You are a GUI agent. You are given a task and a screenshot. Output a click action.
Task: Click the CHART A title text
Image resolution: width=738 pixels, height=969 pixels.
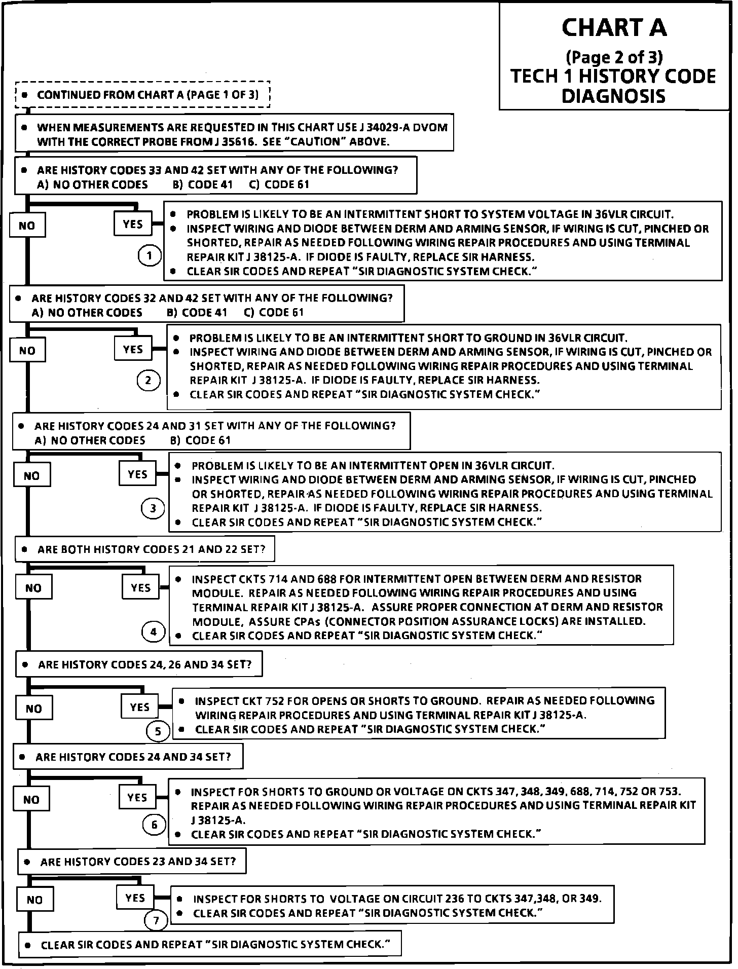tap(614, 28)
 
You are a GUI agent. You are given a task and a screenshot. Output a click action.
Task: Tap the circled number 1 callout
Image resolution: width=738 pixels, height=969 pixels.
tap(149, 256)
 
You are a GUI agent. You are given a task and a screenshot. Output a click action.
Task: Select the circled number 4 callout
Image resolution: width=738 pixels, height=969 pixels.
tap(154, 631)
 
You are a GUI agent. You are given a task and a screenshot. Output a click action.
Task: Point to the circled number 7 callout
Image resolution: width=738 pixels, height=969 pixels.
tap(156, 920)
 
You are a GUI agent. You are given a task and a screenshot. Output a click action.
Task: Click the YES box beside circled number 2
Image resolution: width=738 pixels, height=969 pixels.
tap(133, 349)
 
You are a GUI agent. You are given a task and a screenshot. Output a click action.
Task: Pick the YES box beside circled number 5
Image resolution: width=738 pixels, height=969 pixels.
tap(139, 707)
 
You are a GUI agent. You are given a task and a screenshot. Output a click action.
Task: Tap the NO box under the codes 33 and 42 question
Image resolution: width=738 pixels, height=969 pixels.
tap(27, 226)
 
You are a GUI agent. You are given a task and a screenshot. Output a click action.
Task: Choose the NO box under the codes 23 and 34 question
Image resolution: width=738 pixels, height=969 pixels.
tap(34, 900)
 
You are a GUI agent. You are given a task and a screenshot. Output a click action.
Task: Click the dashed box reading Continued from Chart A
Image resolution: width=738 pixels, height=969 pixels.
tap(142, 95)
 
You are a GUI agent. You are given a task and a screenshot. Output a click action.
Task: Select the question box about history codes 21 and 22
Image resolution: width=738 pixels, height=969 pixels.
tap(144, 549)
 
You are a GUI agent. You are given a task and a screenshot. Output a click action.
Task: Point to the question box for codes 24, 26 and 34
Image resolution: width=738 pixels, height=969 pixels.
tap(139, 664)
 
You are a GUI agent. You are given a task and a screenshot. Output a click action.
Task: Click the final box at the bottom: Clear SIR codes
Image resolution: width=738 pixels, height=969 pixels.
tap(210, 945)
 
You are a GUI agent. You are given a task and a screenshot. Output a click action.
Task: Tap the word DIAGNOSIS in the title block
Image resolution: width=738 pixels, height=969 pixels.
tap(613, 96)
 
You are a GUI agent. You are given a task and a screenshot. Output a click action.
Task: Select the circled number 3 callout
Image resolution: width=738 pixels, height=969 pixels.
tap(153, 508)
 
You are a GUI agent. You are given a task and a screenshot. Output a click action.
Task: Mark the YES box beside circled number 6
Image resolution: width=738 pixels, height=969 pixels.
tap(137, 798)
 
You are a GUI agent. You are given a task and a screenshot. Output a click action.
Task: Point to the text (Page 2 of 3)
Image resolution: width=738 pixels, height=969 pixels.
tap(614, 56)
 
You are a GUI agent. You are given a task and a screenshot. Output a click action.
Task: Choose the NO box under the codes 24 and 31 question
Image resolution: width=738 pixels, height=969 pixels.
tap(31, 476)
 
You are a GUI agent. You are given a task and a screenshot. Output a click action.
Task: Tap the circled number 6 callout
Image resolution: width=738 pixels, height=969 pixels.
tap(155, 825)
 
